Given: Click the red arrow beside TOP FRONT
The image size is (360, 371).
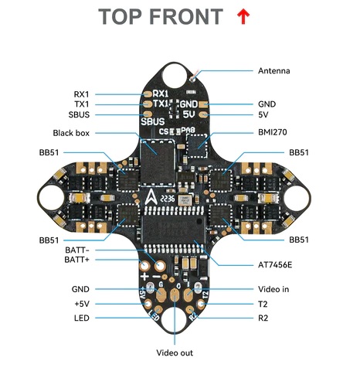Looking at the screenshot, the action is pyautogui.click(x=243, y=16).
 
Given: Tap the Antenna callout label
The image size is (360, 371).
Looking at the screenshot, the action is pyautogui.click(x=274, y=71).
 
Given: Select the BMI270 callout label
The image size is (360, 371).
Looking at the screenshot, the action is pyautogui.click(x=273, y=132).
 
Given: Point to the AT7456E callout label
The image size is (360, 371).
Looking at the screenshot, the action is pyautogui.click(x=275, y=265).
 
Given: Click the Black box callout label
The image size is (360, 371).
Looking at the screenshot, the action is pyautogui.click(x=71, y=133).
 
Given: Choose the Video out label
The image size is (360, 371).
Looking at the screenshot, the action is pyautogui.click(x=175, y=352).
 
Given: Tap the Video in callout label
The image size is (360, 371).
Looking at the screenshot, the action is pyautogui.click(x=273, y=289).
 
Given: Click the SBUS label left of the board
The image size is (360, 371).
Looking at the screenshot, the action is pyautogui.click(x=79, y=114).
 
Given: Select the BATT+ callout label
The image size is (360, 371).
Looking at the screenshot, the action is pyautogui.click(x=76, y=260).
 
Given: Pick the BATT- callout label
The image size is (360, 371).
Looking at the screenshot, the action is pyautogui.click(x=77, y=250).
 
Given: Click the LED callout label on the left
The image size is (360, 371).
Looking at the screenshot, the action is pyautogui.click(x=82, y=318).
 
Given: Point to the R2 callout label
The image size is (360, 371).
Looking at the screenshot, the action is pyautogui.click(x=263, y=318).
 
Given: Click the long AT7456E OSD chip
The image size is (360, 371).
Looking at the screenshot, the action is pyautogui.click(x=175, y=230).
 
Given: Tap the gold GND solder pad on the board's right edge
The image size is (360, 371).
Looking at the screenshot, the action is pyautogui.click(x=204, y=104).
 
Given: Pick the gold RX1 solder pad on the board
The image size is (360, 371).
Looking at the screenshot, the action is pyautogui.click(x=148, y=94).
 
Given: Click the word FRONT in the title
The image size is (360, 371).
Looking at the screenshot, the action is pyautogui.click(x=186, y=17).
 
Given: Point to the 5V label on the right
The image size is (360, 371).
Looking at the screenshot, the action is pyautogui.click(x=263, y=114).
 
